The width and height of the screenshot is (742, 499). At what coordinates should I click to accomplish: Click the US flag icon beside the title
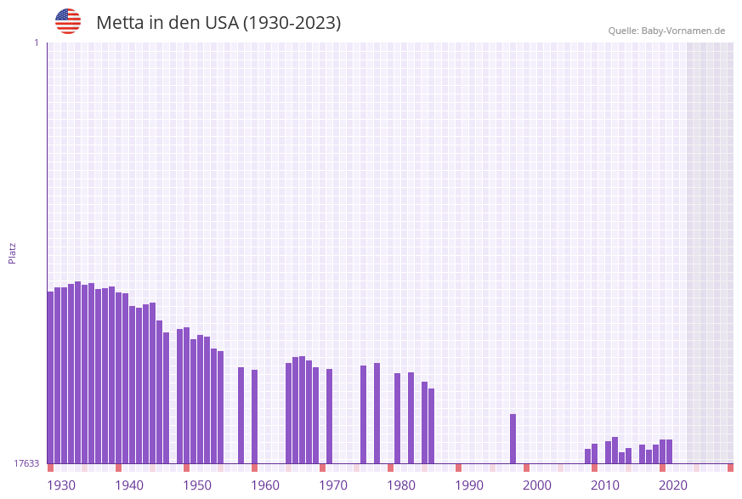click(68, 21)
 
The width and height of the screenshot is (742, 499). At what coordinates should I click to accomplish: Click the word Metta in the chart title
click(120, 23)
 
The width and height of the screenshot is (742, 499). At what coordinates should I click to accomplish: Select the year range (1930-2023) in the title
click(292, 23)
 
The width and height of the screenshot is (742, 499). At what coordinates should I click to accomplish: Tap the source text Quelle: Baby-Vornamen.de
click(666, 31)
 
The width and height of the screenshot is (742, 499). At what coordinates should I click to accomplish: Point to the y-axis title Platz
click(13, 252)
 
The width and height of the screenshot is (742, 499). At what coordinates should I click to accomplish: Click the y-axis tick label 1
click(36, 43)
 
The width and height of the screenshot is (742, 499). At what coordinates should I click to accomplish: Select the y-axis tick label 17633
click(26, 463)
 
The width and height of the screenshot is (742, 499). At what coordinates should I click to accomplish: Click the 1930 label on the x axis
click(61, 485)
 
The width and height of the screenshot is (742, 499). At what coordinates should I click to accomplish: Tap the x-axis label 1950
click(197, 485)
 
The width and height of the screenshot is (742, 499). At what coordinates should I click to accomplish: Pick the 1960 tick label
click(265, 485)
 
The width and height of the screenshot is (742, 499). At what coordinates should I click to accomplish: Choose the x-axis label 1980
click(401, 485)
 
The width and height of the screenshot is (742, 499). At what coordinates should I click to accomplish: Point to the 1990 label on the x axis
click(469, 485)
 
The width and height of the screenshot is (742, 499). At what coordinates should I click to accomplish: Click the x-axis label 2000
click(537, 485)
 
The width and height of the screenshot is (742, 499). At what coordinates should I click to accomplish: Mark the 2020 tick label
click(673, 485)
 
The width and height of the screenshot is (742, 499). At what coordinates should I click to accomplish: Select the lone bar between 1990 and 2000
click(513, 439)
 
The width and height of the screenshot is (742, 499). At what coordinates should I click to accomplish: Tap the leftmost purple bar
click(51, 377)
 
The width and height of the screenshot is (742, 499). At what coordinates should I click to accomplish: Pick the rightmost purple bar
click(670, 451)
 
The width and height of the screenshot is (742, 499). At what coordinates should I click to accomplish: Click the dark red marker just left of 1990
click(459, 468)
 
